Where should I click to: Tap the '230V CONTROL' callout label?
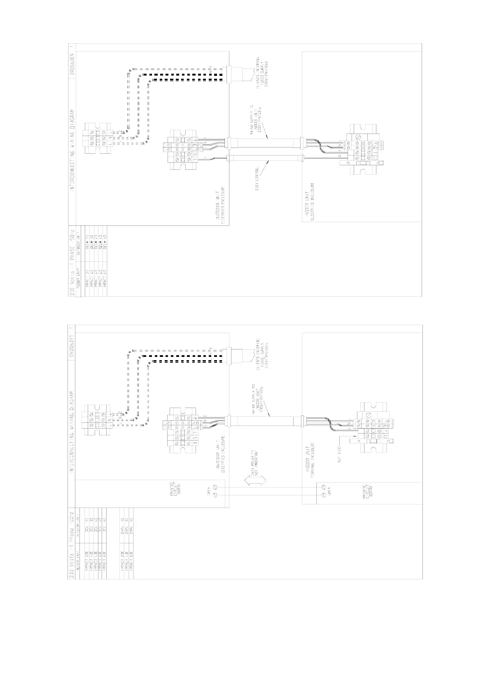pos(257,178)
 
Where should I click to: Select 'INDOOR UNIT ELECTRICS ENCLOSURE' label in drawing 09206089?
pos(309,202)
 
